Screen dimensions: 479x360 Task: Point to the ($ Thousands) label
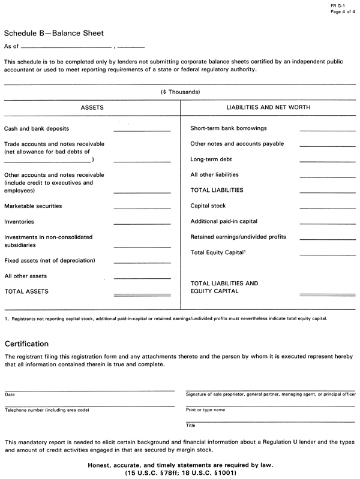(x=180, y=92)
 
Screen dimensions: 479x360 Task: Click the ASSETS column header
(x=92, y=107)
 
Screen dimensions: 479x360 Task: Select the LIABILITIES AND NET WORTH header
(x=268, y=107)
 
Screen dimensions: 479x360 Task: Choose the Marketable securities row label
(x=33, y=206)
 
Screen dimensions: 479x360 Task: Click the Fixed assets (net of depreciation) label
(x=50, y=261)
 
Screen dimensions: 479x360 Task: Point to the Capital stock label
(x=208, y=206)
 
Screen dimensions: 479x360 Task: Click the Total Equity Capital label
(x=217, y=253)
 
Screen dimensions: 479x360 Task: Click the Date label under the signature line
(x=10, y=394)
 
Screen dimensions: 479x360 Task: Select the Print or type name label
(x=206, y=410)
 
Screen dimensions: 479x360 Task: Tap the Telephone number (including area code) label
(x=47, y=410)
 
